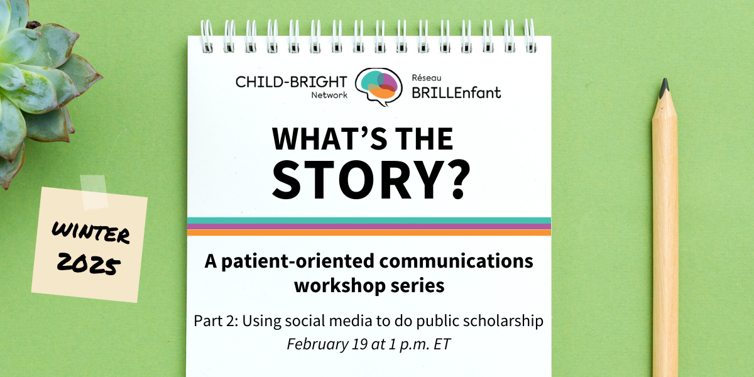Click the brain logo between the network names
tap(379, 87)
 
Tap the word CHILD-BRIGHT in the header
tap(291, 82)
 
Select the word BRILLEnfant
tap(456, 92)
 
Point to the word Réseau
tap(427, 78)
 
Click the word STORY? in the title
tap(371, 180)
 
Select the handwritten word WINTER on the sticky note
tap(90, 232)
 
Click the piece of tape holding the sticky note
tap(94, 192)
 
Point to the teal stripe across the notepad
tap(369, 221)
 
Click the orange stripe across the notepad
tap(369, 232)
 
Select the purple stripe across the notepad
tap(369, 227)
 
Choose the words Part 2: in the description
tap(216, 320)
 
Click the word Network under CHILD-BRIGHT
tap(329, 96)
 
